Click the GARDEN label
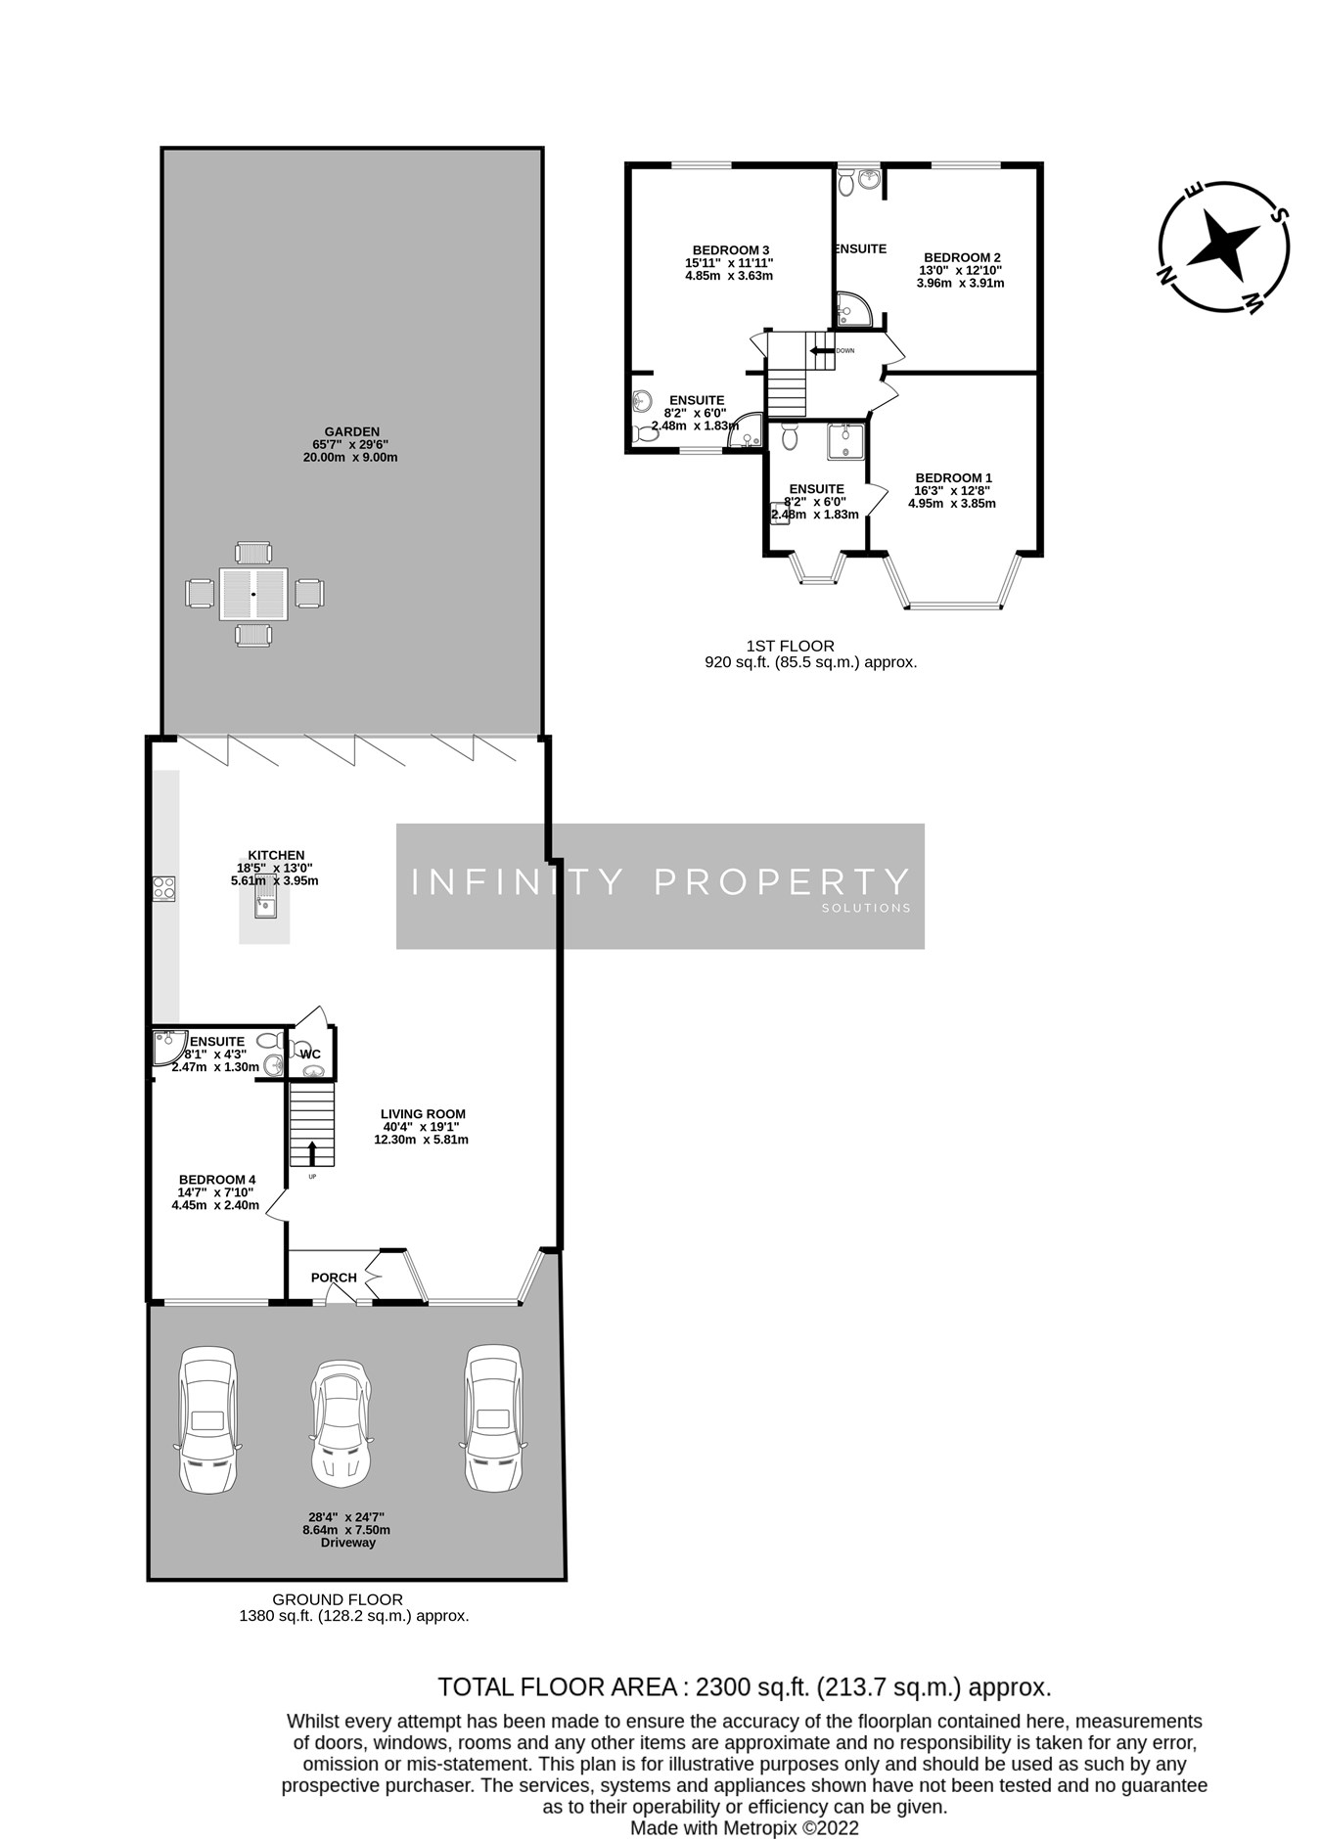tap(351, 431)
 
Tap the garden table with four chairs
tap(253, 594)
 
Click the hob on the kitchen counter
tap(163, 888)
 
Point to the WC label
tap(310, 1054)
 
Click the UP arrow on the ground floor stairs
tap(312, 1152)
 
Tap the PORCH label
tap(334, 1278)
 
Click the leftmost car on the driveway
tap(206, 1419)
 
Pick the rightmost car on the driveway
tap(492, 1417)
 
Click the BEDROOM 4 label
tap(217, 1180)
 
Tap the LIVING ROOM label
tap(423, 1114)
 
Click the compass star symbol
tap(1222, 245)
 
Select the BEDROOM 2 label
tap(961, 258)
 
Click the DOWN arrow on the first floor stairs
tap(817, 350)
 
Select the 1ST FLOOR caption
tap(790, 646)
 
